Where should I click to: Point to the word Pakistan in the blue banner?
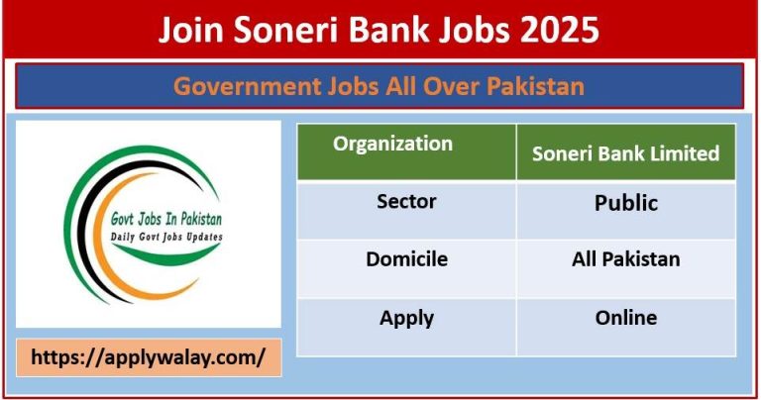point(536,86)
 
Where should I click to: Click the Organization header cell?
point(392,144)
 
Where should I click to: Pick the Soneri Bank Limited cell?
point(625,153)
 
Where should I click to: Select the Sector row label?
point(406,202)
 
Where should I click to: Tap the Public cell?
point(625,203)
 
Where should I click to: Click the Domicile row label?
point(406,259)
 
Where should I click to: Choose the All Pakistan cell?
point(625,259)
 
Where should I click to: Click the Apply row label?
point(406,318)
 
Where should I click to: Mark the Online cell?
point(625,318)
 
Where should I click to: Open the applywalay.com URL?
point(149,358)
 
